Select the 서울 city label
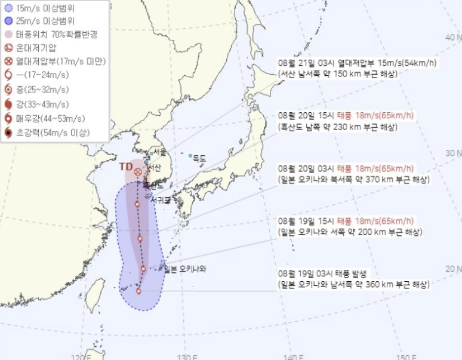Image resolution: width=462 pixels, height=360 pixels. click(159, 152)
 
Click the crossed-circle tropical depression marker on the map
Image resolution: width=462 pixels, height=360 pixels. click(138, 172)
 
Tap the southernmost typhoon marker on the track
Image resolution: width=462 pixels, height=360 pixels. click(138, 291)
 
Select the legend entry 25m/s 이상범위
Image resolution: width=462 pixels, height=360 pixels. click(48, 21)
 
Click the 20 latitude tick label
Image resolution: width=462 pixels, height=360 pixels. click(451, 269)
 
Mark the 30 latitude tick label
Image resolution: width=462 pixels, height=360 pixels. click(451, 153)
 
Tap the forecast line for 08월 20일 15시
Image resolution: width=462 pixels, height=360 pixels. click(346, 116)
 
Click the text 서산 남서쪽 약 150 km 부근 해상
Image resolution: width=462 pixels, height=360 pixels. click(338, 74)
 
